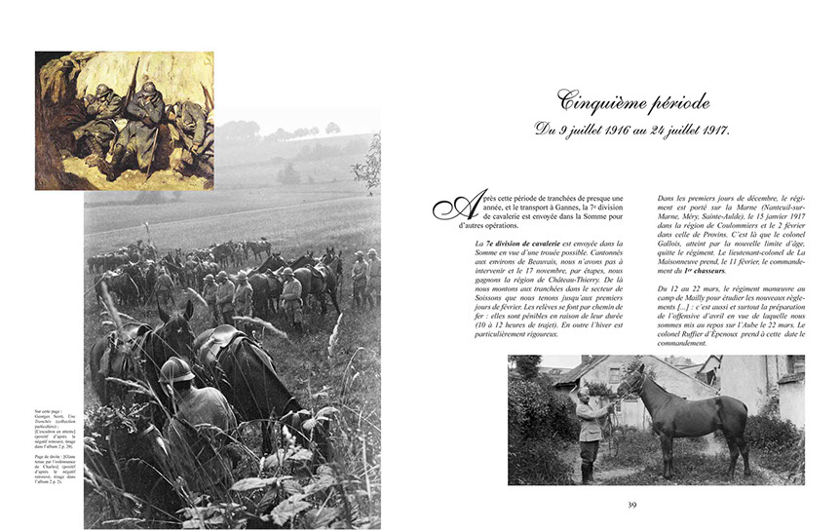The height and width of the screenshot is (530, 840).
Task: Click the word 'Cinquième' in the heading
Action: [591, 100]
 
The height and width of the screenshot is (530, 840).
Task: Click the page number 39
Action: [632, 504]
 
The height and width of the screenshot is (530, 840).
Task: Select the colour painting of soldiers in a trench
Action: [124, 120]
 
